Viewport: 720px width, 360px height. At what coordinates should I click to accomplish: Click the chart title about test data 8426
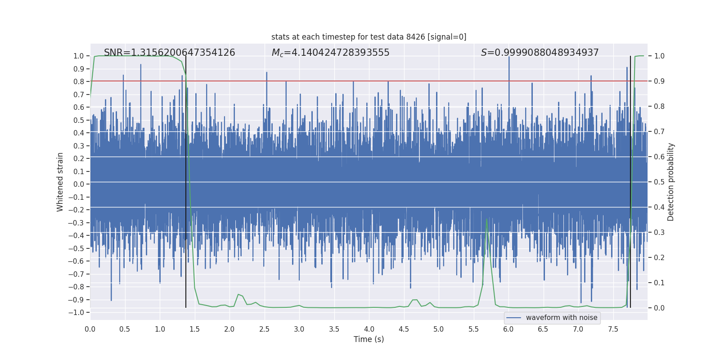click(369, 37)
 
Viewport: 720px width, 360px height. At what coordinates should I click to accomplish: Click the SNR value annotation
click(169, 53)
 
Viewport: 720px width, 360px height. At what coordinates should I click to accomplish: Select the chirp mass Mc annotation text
click(330, 53)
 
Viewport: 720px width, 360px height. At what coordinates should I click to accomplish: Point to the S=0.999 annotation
click(540, 53)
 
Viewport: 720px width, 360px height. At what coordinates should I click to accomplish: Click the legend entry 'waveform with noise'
click(561, 318)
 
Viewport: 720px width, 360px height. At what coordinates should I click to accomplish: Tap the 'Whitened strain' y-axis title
click(60, 182)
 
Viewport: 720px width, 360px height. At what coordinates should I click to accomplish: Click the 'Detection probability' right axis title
click(671, 182)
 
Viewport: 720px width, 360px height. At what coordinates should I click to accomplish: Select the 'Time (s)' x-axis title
click(369, 339)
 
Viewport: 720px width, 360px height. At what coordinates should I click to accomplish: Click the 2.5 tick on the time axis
click(264, 329)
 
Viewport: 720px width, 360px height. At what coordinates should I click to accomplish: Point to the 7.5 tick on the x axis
click(613, 329)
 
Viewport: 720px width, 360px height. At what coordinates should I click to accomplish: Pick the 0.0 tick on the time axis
click(90, 329)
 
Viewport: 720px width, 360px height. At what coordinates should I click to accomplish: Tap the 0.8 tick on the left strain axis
click(79, 81)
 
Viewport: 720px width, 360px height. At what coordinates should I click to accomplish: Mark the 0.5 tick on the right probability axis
click(659, 182)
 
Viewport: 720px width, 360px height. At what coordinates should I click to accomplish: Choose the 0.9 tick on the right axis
click(659, 81)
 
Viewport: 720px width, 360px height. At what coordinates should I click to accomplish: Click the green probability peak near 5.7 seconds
click(487, 220)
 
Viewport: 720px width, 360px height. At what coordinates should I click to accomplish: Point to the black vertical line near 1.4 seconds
click(186, 180)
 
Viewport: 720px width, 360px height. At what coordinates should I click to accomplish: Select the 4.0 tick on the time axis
click(369, 329)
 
